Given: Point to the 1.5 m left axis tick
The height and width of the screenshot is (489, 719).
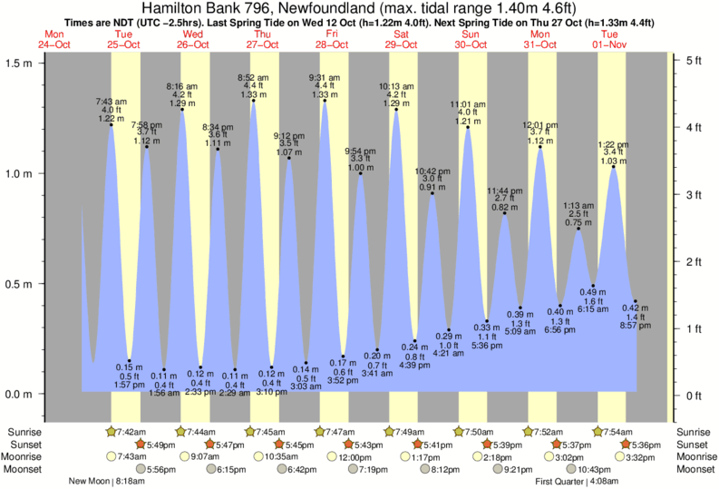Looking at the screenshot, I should [39, 63].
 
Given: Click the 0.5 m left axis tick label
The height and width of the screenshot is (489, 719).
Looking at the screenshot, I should [17, 284].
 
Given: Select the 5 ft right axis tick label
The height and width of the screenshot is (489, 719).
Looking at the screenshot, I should [694, 61].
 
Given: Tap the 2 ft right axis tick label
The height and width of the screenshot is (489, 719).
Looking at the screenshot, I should [694, 261].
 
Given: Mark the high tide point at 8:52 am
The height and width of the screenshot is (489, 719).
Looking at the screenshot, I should [253, 101].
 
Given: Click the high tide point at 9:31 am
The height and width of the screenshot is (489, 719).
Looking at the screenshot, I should [324, 101].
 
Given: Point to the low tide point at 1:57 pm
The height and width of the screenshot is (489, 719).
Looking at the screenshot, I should [130, 361].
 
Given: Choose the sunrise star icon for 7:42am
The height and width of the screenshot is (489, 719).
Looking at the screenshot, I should [111, 431].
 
